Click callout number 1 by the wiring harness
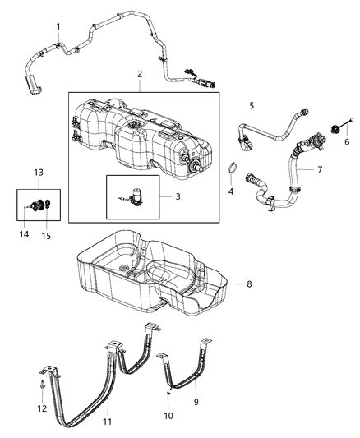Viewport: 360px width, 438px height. (58, 28)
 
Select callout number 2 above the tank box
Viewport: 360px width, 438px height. (140, 74)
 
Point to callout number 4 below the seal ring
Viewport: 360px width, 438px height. (230, 191)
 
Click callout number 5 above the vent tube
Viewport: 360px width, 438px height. (252, 106)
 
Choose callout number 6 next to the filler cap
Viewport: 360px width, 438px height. (346, 141)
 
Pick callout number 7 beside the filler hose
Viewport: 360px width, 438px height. (321, 170)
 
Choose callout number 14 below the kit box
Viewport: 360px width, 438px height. (25, 235)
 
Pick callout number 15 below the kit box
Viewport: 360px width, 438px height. (46, 236)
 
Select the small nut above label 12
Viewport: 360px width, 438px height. (41, 384)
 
